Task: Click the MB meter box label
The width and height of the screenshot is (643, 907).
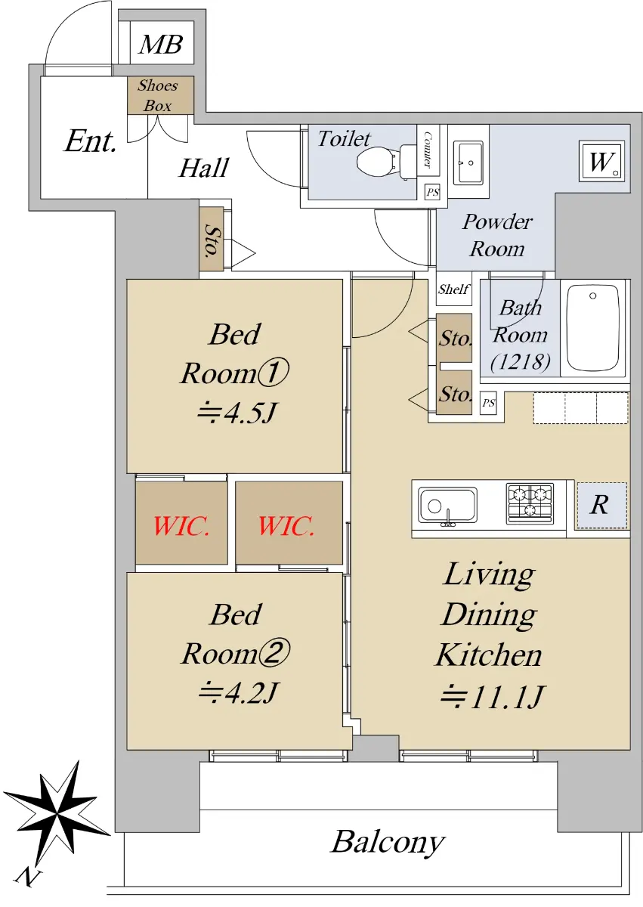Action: coord(161,44)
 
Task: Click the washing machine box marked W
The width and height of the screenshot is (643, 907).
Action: coord(601,161)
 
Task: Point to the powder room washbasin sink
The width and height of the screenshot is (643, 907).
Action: coord(468,163)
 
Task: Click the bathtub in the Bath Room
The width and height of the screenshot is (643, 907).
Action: coord(592,327)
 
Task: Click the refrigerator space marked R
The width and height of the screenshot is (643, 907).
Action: coord(601,505)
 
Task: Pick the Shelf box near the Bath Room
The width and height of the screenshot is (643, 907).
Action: coord(453,289)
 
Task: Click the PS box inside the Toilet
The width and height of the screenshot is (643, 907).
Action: coord(433,192)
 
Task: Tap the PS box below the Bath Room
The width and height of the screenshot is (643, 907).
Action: coord(488,403)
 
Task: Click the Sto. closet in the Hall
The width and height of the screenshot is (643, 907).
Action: coord(212,239)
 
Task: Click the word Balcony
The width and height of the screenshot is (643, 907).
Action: coord(388,844)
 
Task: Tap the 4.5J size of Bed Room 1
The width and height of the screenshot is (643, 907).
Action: coord(237,413)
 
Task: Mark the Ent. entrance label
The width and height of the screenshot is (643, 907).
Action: coord(91,141)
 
